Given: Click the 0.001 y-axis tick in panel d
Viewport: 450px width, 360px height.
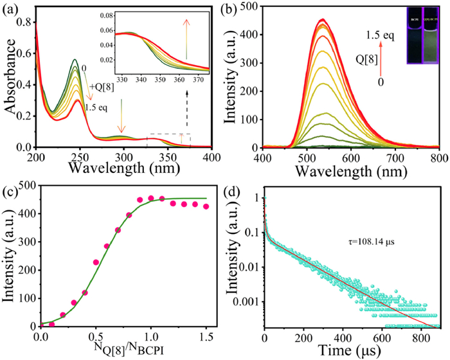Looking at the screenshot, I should [x=248, y=300].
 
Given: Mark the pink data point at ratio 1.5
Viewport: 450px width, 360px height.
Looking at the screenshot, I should [x=206, y=206].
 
